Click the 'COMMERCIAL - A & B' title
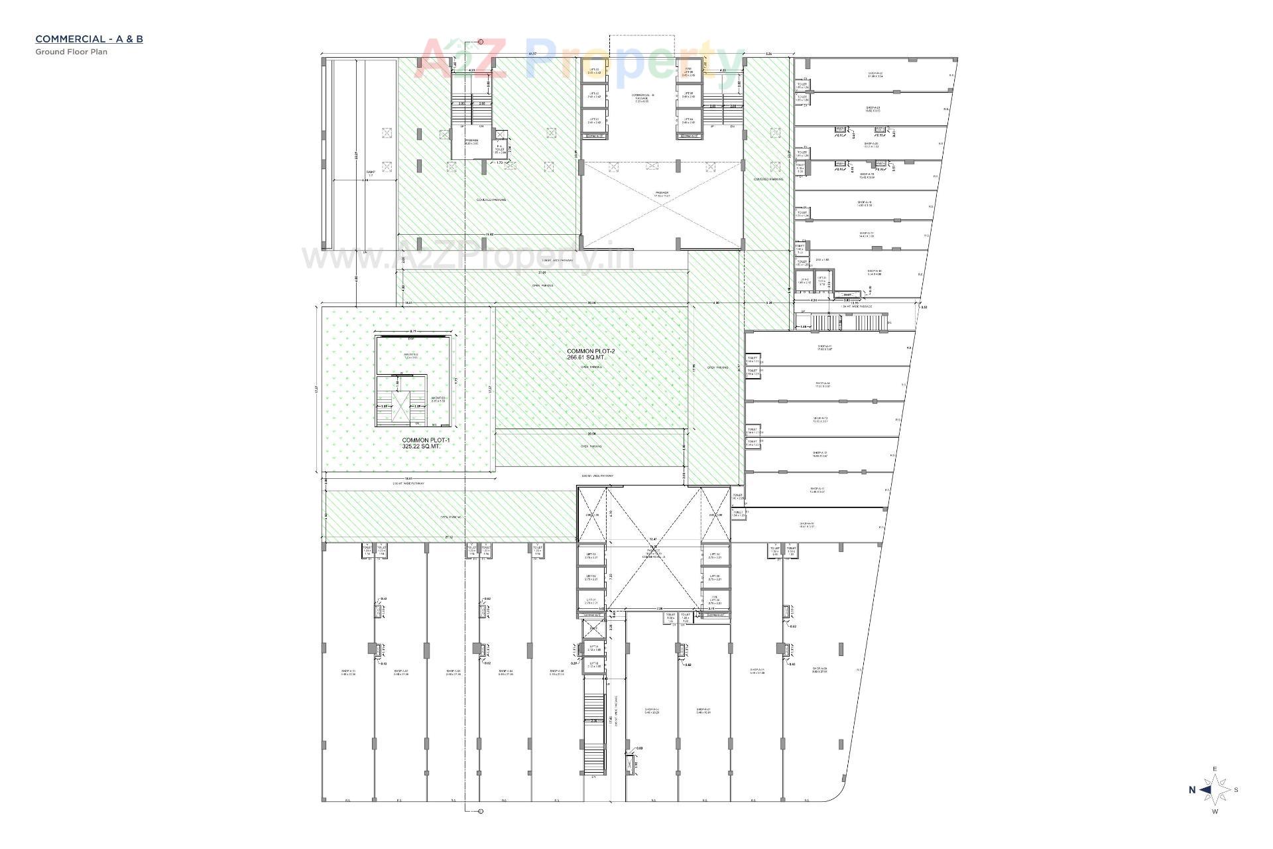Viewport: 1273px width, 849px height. [89, 38]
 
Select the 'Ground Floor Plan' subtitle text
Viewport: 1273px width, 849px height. [71, 52]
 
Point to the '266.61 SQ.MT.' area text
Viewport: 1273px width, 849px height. [585, 357]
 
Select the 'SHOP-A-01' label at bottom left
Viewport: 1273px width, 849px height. [348, 671]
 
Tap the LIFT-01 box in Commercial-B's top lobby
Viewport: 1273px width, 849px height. [594, 121]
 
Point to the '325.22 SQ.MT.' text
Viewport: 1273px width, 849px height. [421, 446]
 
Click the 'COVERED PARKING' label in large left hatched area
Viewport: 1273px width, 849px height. [491, 200]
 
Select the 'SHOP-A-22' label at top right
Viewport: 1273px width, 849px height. [875, 74]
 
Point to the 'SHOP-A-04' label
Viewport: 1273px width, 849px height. [505, 671]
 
